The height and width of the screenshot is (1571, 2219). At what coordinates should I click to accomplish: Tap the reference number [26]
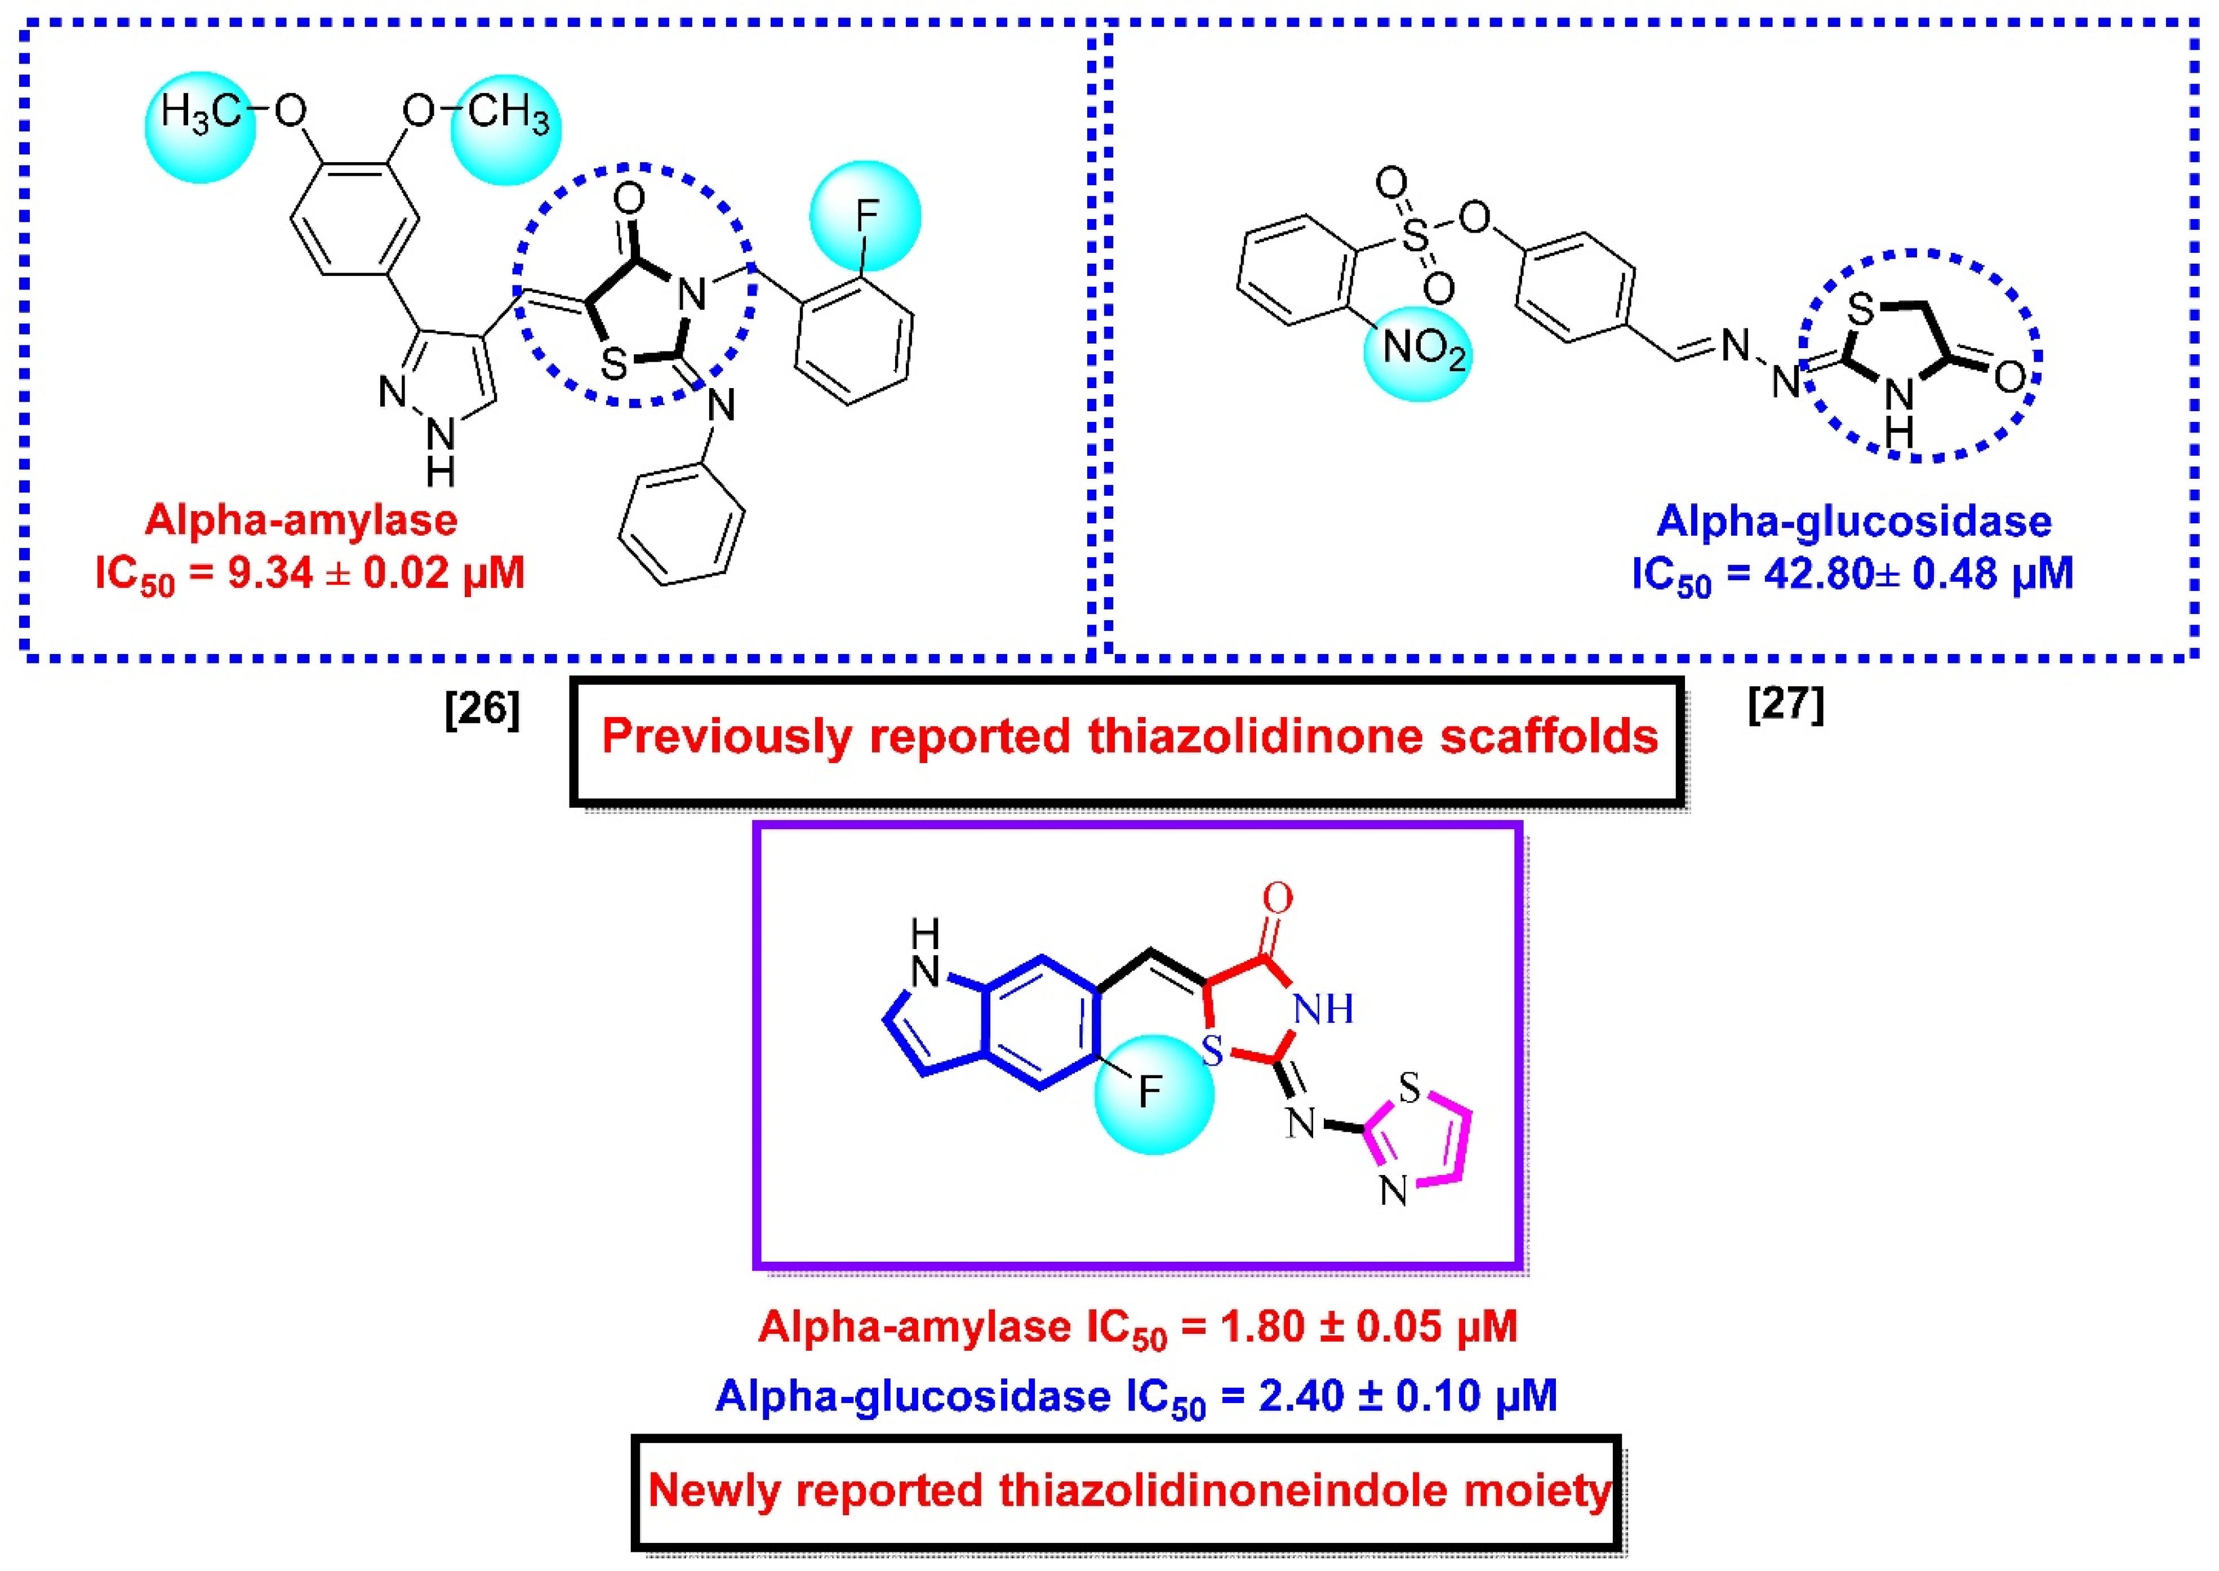tap(482, 711)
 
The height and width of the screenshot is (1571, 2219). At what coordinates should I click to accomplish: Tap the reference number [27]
tap(1786, 704)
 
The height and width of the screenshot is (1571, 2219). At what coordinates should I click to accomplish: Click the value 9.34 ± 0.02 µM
tap(376, 573)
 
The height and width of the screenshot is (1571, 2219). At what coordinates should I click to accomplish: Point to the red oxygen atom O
tap(1277, 898)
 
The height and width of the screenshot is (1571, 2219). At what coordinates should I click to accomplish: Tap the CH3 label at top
tap(509, 114)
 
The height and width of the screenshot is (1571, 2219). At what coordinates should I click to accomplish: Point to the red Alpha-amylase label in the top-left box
tap(301, 520)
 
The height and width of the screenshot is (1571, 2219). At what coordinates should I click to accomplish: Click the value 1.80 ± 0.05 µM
tap(1369, 1327)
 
